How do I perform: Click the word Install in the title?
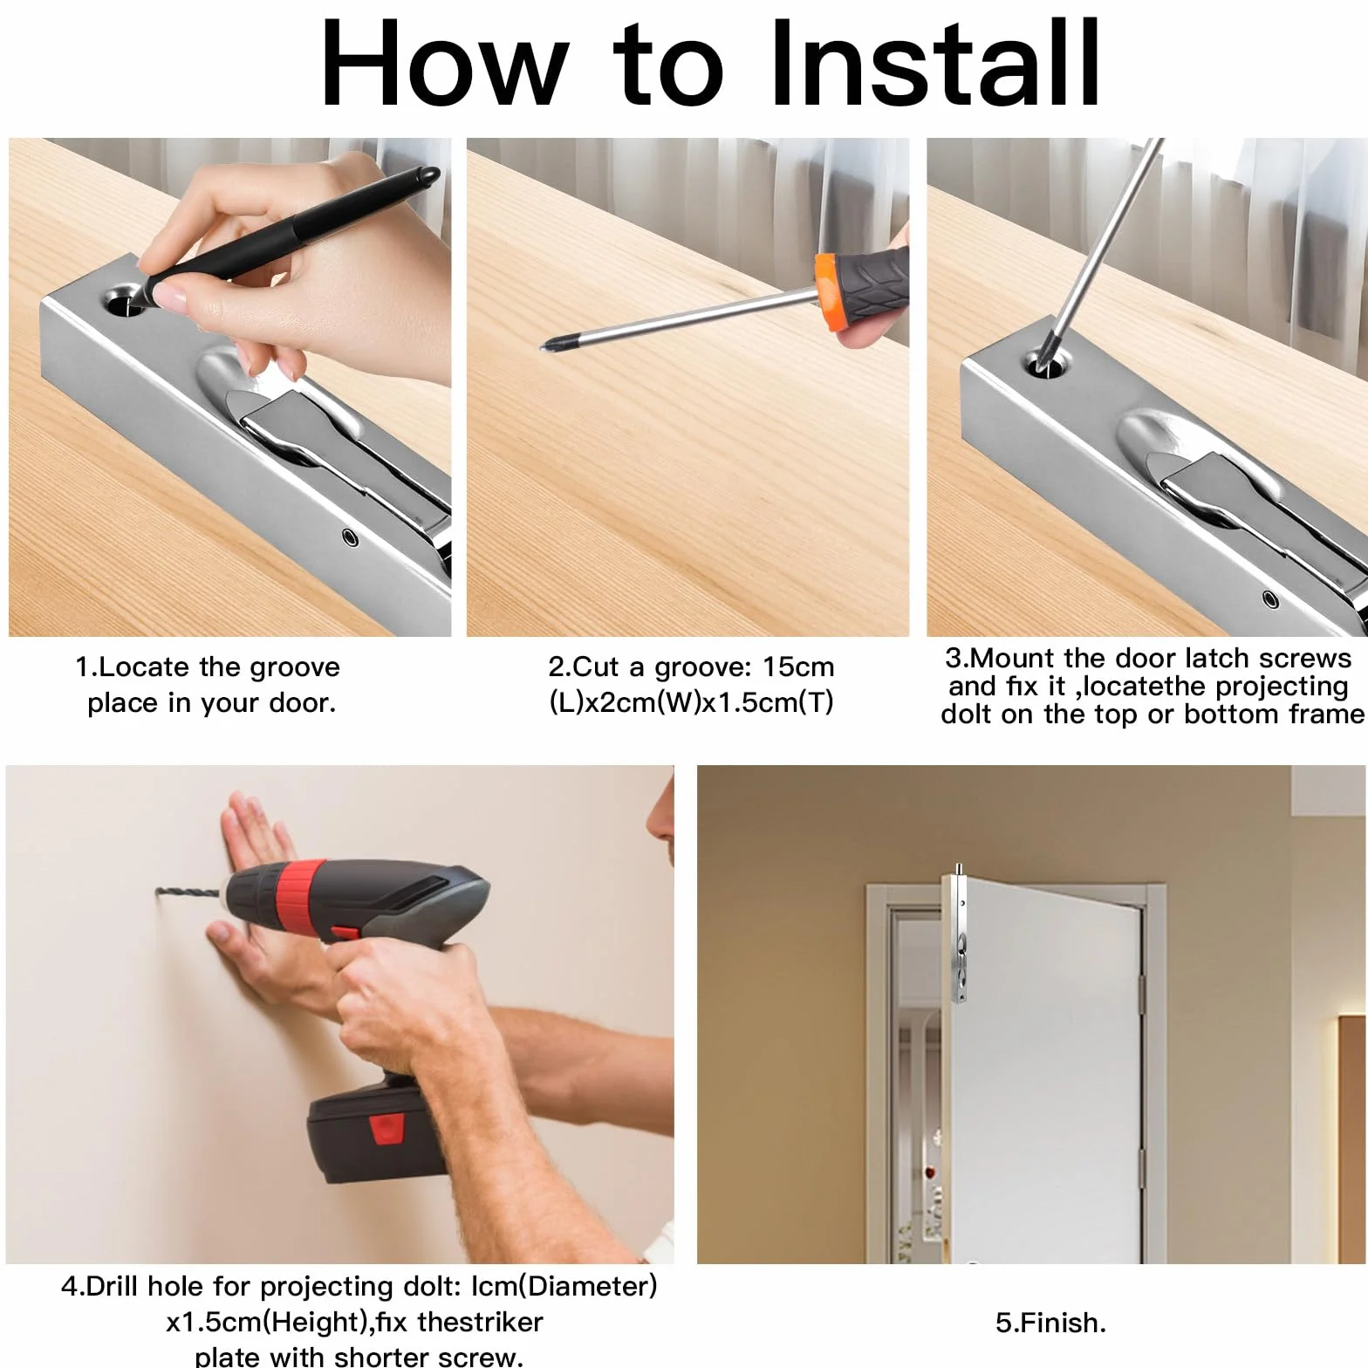(x=934, y=63)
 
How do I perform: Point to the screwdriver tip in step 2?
(x=547, y=345)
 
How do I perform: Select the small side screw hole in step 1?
(x=351, y=536)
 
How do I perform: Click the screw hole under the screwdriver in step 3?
(x=1043, y=362)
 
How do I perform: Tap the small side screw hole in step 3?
(x=1270, y=599)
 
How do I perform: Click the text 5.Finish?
(x=1050, y=1323)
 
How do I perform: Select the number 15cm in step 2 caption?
(x=798, y=667)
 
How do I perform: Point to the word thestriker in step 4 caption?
(x=480, y=1322)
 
